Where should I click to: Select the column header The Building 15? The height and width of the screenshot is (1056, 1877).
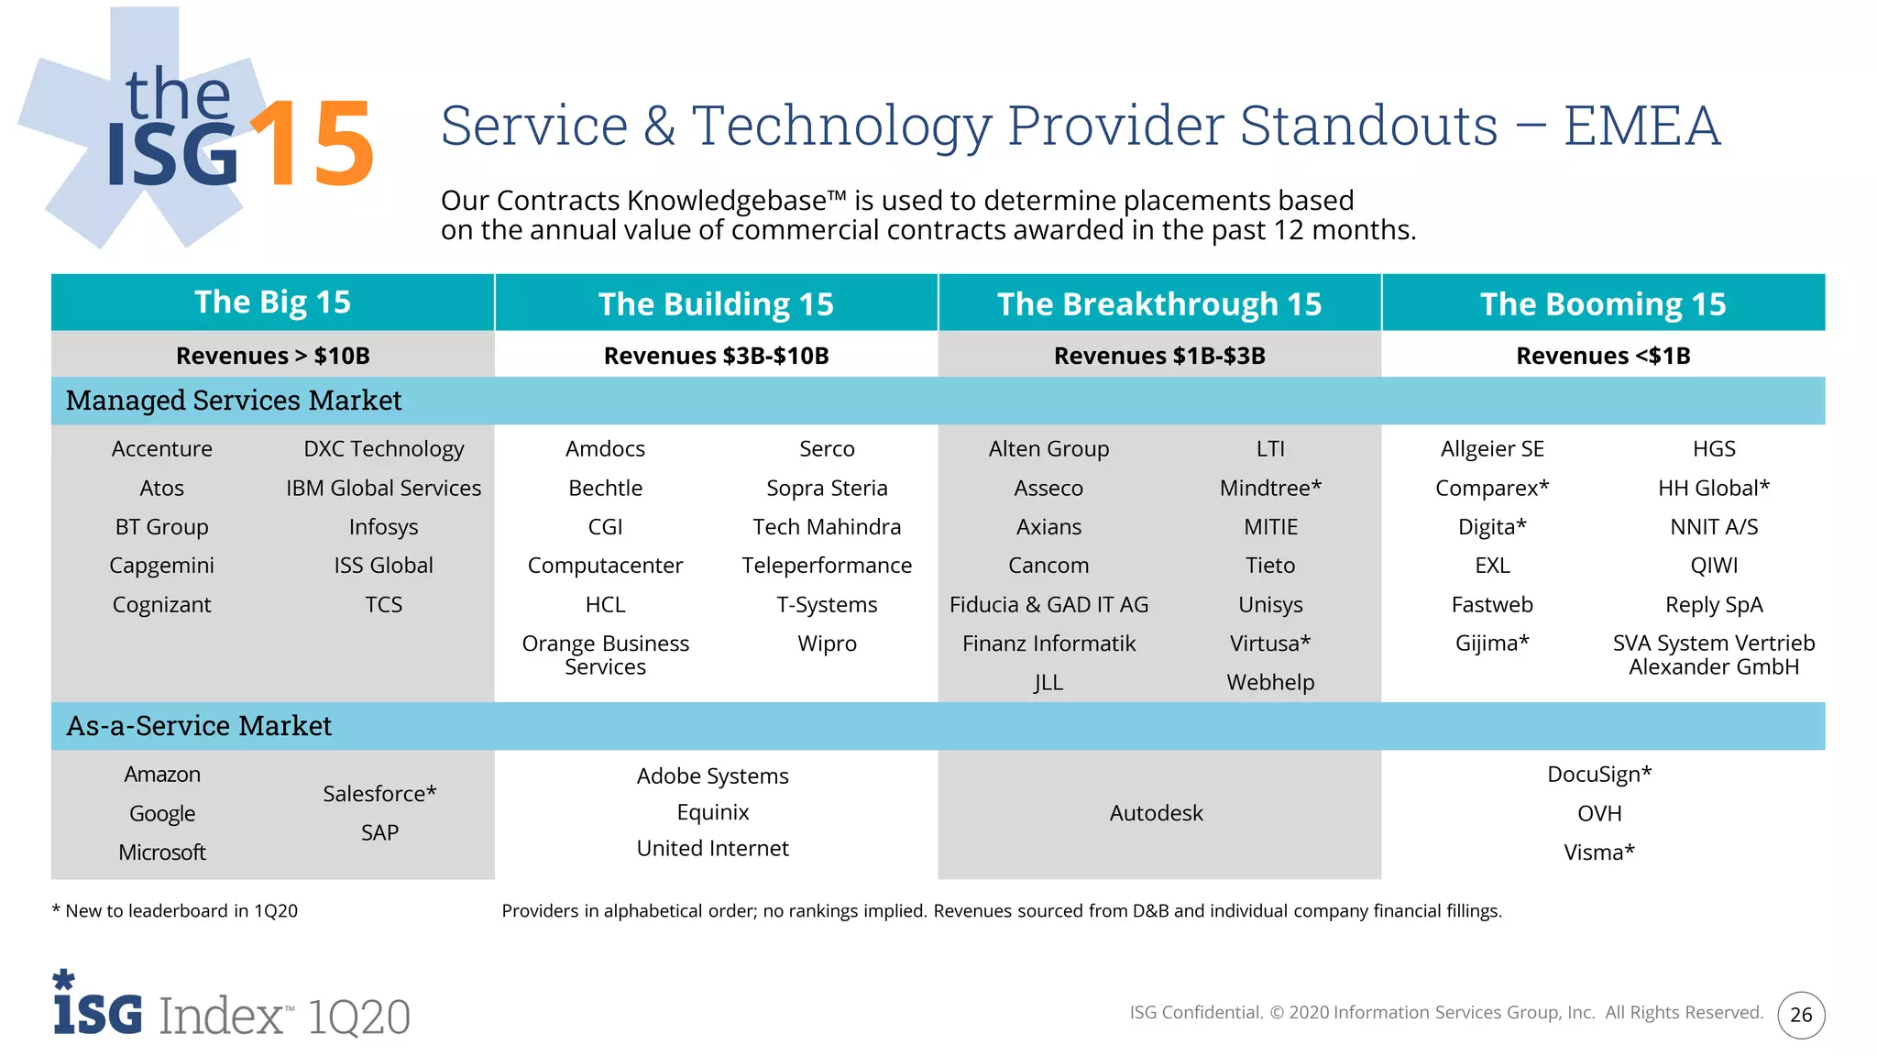pyautogui.click(x=716, y=303)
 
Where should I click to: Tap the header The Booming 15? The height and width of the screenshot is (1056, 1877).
pyautogui.click(x=1603, y=303)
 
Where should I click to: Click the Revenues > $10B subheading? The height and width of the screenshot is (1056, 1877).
pyautogui.click(x=272, y=356)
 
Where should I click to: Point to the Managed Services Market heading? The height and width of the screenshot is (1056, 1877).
pyautogui.click(x=234, y=401)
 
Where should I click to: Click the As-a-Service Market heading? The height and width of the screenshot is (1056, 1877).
pyautogui.click(x=199, y=726)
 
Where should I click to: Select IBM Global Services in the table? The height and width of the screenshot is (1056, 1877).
pyautogui.click(x=383, y=488)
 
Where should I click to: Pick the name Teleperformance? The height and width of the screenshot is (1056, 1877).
pyautogui.click(x=827, y=566)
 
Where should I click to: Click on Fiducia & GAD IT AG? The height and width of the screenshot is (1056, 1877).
pyautogui.click(x=1048, y=605)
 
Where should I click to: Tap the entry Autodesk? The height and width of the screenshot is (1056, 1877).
pyautogui.click(x=1156, y=813)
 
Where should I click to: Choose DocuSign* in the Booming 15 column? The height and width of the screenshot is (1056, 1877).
pyautogui.click(x=1599, y=775)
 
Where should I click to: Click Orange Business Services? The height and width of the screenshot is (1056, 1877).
pyautogui.click(x=605, y=654)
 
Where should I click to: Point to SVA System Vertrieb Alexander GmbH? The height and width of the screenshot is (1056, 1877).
pyautogui.click(x=1714, y=654)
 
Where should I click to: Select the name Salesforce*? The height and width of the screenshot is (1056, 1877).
pyautogui.click(x=379, y=794)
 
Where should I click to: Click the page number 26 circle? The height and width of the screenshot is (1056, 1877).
pyautogui.click(x=1801, y=1015)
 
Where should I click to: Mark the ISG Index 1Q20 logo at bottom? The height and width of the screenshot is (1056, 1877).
pyautogui.click(x=231, y=1008)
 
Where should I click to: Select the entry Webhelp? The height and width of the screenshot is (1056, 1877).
pyautogui.click(x=1270, y=683)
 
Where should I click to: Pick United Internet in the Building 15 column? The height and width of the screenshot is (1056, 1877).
pyautogui.click(x=712, y=849)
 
